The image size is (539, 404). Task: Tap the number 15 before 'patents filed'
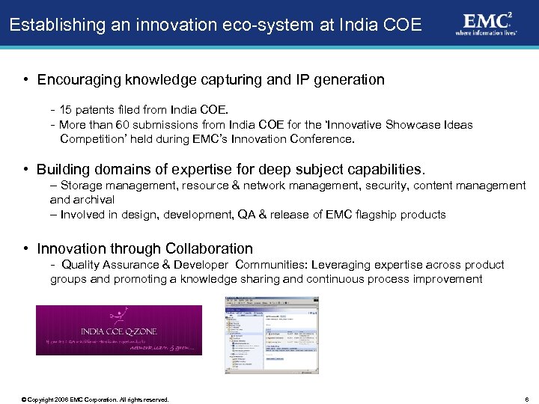point(67,110)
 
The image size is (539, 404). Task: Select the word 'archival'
point(94,199)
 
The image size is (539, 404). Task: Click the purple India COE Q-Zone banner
point(118,330)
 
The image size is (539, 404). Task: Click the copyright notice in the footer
point(96,400)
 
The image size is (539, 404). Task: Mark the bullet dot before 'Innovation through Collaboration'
point(26,248)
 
